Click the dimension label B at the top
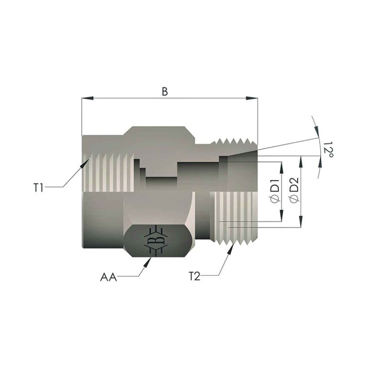click(x=165, y=92)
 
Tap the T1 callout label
click(x=39, y=187)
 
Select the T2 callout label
click(x=194, y=277)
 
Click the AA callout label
click(x=108, y=277)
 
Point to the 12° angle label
click(x=328, y=150)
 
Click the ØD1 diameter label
click(x=275, y=191)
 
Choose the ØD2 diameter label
click(x=294, y=190)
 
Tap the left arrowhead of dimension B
click(x=87, y=98)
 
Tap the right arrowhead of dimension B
click(x=252, y=98)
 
